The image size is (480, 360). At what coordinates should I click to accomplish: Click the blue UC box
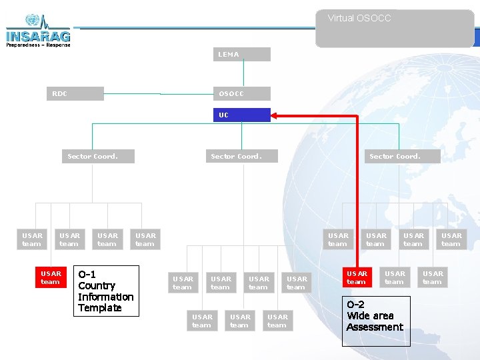pos(241,115)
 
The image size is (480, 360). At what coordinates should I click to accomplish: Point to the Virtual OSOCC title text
pos(359,18)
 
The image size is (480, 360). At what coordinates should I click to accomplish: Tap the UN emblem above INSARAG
pos(32,21)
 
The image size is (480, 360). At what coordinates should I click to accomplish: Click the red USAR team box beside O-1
pos(51,277)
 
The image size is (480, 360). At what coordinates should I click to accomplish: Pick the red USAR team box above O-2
pos(357,277)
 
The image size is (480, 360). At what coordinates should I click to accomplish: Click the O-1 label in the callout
pos(87,274)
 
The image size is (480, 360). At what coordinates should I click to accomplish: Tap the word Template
pos(99,308)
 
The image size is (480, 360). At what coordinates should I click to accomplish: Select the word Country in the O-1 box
pos(97,285)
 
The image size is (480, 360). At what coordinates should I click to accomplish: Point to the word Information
pos(105,297)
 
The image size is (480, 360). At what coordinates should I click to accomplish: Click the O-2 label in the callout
pos(355,304)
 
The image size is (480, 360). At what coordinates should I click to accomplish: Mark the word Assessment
pos(375,327)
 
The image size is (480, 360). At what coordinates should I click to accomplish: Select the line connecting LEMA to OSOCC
pos(244,73)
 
